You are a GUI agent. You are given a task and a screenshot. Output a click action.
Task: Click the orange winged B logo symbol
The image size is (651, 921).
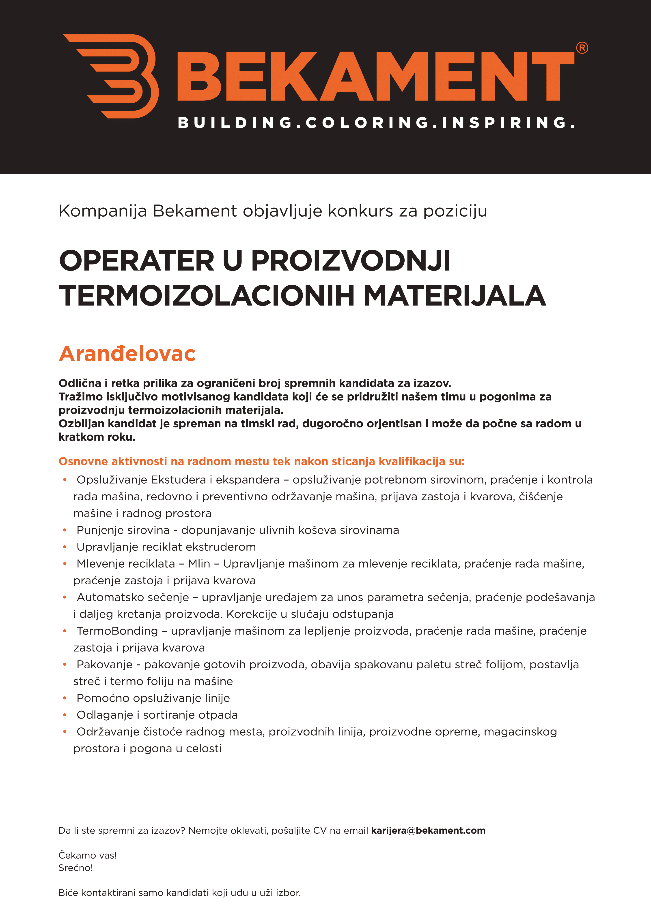click(x=114, y=76)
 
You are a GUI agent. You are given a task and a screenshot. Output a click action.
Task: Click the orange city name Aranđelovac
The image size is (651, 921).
click(x=127, y=354)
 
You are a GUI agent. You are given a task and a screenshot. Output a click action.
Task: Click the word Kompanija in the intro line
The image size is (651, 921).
click(x=103, y=211)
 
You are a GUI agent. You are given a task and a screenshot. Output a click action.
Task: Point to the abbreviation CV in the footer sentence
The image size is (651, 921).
click(x=320, y=830)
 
